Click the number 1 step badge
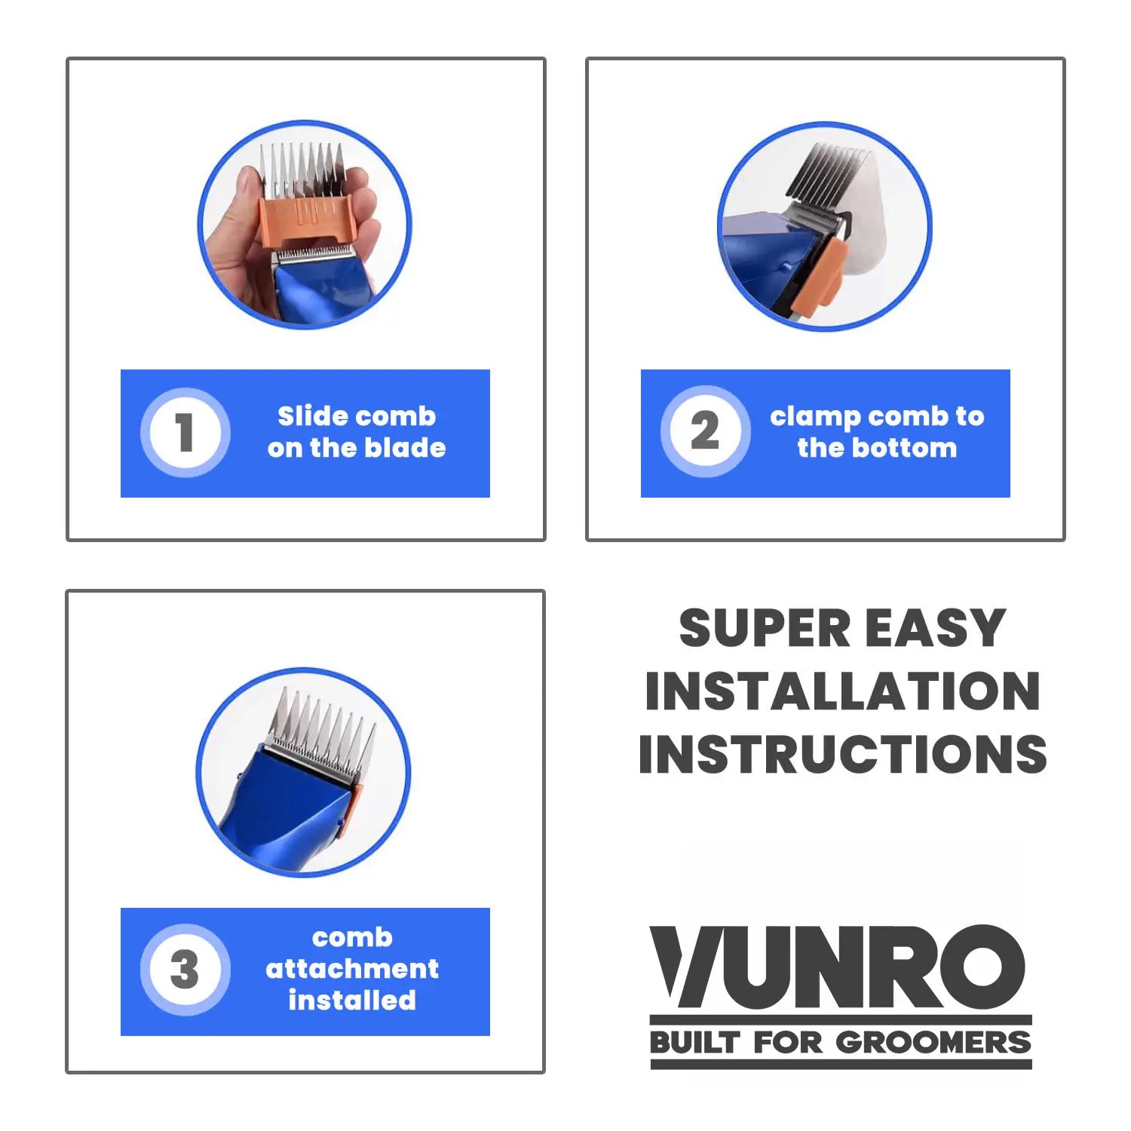(x=185, y=432)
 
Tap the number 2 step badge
(x=705, y=431)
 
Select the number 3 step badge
(x=185, y=970)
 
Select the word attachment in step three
(x=352, y=969)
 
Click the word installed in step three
(x=352, y=1001)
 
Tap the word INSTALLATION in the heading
(x=842, y=691)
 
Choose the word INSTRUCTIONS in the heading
(x=842, y=754)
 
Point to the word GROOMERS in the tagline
(x=933, y=1043)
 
